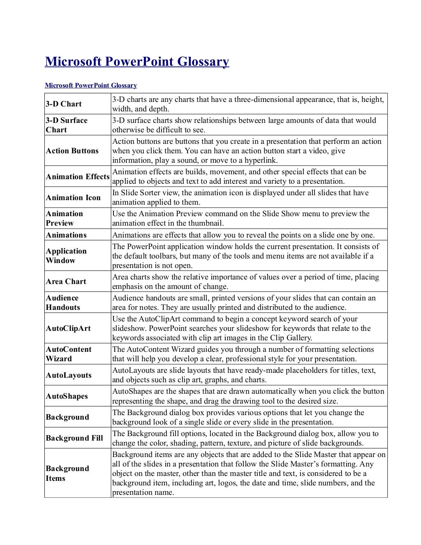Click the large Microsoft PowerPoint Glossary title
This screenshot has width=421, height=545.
[x=136, y=62]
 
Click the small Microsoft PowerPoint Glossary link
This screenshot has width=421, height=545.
[x=90, y=85]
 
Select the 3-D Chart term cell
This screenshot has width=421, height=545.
[x=64, y=104]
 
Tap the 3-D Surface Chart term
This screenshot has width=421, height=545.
[x=66, y=125]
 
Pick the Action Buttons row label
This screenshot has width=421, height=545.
[x=72, y=151]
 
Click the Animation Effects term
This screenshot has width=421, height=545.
[x=77, y=177]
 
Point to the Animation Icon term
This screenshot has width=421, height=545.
[x=73, y=198]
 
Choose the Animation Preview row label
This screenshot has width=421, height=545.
[x=64, y=218]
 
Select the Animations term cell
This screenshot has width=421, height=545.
[x=66, y=235]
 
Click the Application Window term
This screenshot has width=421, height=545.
[x=66, y=256]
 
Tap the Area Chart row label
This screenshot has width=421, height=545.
[x=66, y=282]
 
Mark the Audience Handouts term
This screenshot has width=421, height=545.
[x=62, y=303]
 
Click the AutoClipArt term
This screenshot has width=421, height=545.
[x=68, y=328]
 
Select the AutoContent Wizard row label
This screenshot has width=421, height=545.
[x=68, y=354]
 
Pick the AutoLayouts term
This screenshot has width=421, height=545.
[x=68, y=375]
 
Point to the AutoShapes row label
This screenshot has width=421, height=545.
[x=67, y=396]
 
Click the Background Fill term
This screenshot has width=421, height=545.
[x=74, y=438]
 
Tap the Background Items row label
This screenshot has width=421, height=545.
[x=67, y=473]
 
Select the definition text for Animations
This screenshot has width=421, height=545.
[x=243, y=235]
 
